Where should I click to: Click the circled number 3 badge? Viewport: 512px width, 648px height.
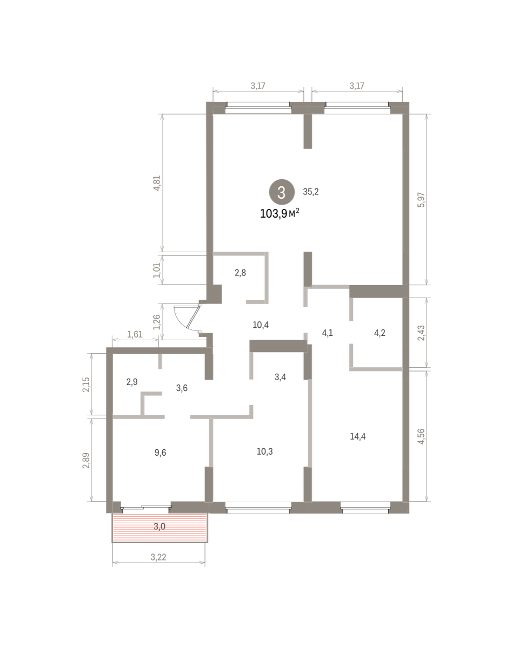pos(282,192)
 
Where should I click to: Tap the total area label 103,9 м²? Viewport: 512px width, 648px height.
pos(280,213)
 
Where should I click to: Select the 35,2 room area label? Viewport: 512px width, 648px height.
pos(311,192)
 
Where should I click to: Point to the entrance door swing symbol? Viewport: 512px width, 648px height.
pos(187,317)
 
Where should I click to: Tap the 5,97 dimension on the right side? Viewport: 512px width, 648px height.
pos(421,200)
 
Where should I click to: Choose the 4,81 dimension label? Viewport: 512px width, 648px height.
pos(157,183)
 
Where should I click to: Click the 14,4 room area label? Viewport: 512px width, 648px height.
pos(358,436)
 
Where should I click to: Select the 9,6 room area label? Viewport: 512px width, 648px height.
pos(161,453)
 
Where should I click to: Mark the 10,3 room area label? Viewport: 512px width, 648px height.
pos(265,451)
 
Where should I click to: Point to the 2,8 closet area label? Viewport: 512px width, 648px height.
pos(240,273)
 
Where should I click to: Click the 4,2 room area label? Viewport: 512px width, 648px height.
pos(380,333)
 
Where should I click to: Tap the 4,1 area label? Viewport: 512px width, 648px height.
pos(328,333)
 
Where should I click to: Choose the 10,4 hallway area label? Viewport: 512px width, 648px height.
pos(261,325)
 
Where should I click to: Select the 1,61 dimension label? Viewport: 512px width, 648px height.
pos(135,334)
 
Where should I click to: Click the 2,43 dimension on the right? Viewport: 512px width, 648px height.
pos(421,333)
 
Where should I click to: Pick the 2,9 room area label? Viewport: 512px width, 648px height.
pos(132,382)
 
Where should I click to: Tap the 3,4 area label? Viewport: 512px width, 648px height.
pos(280,377)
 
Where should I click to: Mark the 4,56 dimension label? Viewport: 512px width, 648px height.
pos(421,436)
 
